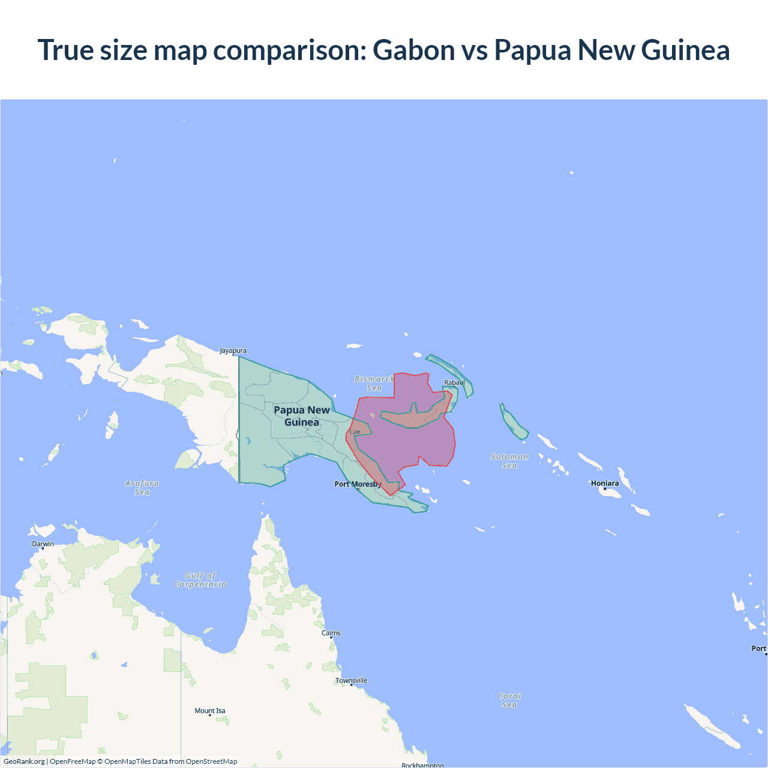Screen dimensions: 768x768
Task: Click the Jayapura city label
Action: click(x=233, y=350)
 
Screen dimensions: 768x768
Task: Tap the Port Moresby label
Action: click(x=358, y=484)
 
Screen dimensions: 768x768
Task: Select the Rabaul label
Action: click(x=454, y=382)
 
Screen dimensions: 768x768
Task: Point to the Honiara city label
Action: click(x=605, y=483)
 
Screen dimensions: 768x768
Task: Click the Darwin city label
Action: click(x=43, y=544)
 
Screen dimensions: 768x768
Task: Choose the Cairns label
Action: click(x=331, y=633)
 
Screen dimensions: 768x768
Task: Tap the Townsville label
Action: click(x=352, y=680)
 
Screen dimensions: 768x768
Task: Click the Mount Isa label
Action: click(x=210, y=710)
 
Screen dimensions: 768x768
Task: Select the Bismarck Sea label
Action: click(x=374, y=383)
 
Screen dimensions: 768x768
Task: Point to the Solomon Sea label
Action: click(x=509, y=461)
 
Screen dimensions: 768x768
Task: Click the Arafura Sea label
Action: click(x=142, y=487)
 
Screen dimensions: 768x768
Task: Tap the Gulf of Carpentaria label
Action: click(x=200, y=580)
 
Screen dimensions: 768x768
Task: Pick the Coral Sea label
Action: click(x=509, y=700)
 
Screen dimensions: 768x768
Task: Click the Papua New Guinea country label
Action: click(x=302, y=416)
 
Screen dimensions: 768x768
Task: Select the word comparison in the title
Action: click(x=289, y=50)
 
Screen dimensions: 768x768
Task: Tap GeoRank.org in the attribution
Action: click(x=24, y=761)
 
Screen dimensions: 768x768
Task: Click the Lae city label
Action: click(x=355, y=431)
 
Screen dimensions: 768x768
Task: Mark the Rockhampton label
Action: click(x=422, y=765)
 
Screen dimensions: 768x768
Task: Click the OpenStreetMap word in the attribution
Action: click(x=211, y=761)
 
